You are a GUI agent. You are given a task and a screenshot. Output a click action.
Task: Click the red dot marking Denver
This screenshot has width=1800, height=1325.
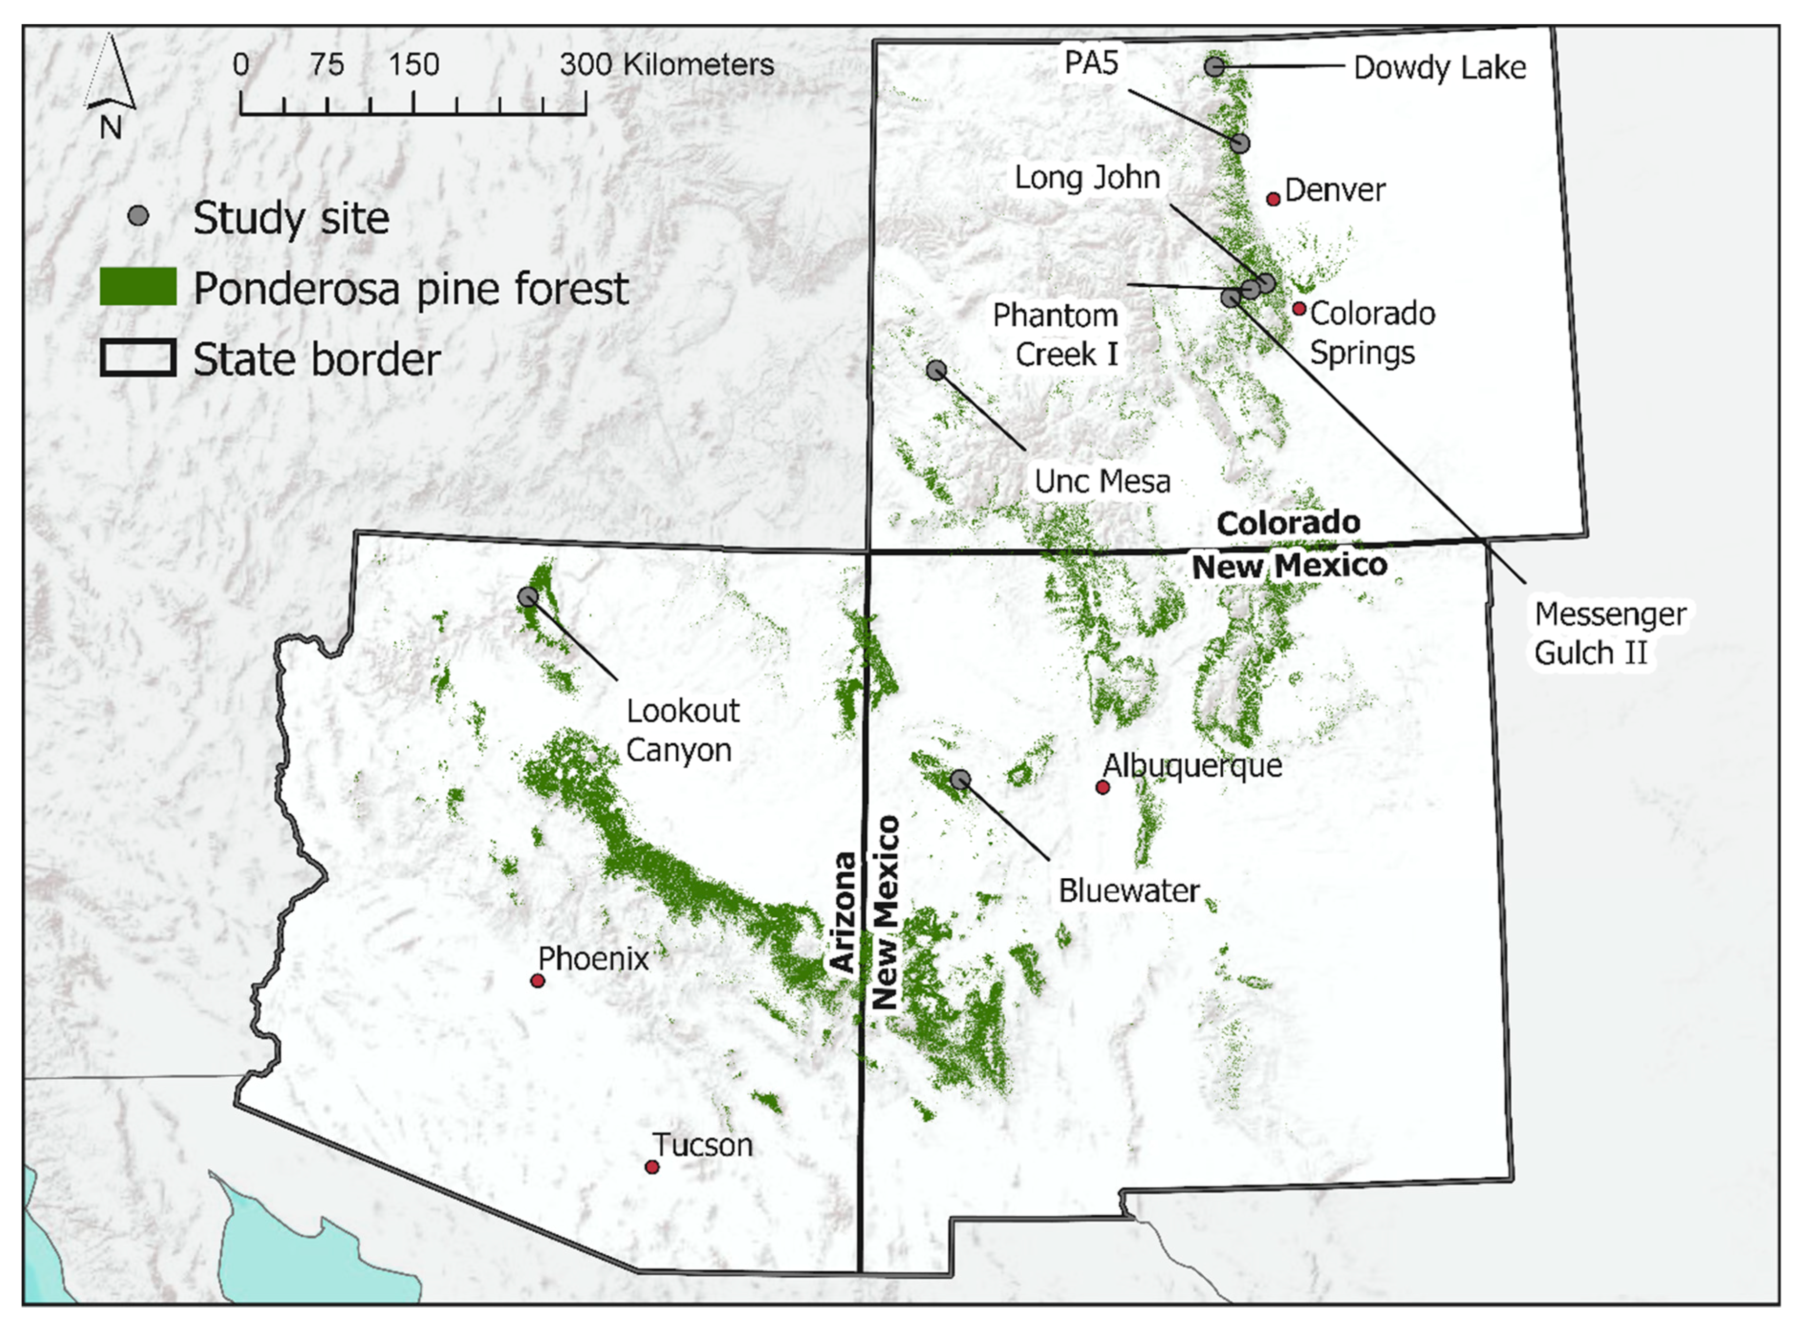coord(1272,199)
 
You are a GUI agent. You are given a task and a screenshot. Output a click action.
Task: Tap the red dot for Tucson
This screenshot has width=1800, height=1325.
coord(652,1167)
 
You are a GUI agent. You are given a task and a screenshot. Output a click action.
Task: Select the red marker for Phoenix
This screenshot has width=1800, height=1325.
coord(538,981)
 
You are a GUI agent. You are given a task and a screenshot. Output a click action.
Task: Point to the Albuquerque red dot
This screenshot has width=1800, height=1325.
coord(1102,788)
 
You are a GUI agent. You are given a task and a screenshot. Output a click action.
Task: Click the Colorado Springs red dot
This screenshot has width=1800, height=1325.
coord(1299,309)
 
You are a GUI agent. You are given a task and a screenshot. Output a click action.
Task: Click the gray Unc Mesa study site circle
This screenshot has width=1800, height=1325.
coord(936,370)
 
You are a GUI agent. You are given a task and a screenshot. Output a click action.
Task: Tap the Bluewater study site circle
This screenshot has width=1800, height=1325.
coord(960,779)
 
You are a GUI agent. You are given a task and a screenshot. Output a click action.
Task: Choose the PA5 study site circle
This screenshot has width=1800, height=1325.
coord(1239,143)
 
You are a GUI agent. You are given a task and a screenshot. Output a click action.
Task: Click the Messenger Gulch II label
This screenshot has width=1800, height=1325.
coord(1609,633)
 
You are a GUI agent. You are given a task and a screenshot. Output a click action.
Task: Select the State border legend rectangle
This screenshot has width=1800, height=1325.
coord(138,358)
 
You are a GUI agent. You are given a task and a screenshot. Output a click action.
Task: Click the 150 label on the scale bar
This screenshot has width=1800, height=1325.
coord(414,65)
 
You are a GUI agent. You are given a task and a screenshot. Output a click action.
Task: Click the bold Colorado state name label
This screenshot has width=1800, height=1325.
coord(1288,523)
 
